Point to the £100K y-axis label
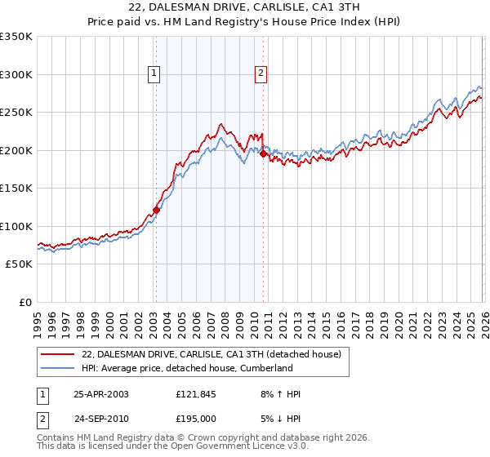(x=16, y=226)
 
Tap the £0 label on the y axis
(x=24, y=302)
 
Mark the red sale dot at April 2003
(x=156, y=210)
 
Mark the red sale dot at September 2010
(x=263, y=154)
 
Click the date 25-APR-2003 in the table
(x=101, y=394)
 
